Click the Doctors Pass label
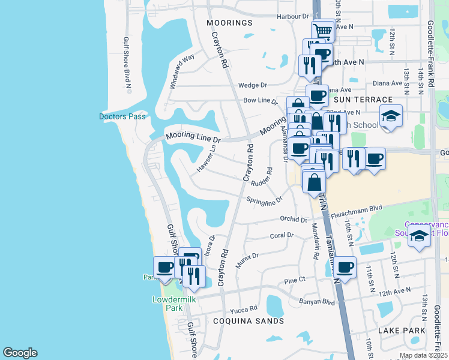(x=122, y=116)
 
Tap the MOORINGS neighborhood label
(x=229, y=23)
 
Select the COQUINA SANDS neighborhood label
(x=249, y=321)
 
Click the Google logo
(x=20, y=353)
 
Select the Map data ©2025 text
(x=423, y=355)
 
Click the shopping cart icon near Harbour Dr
(x=323, y=31)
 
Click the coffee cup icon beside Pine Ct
(x=345, y=268)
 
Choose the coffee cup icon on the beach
(x=164, y=268)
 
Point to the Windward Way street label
(x=182, y=71)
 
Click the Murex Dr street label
(x=247, y=259)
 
